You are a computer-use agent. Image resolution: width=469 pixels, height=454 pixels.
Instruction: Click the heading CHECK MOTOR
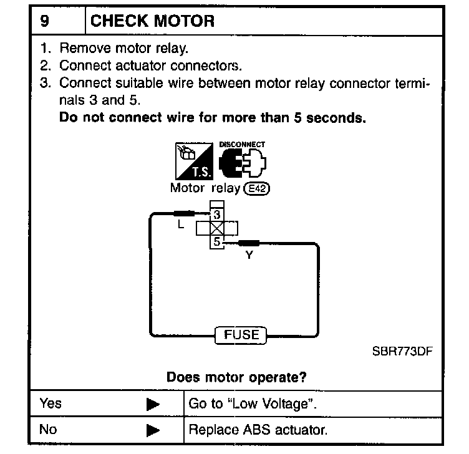tap(153, 21)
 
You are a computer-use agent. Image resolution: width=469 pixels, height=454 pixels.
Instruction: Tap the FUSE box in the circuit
tap(241, 335)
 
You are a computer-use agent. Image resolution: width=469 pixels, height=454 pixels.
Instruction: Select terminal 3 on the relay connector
tap(216, 215)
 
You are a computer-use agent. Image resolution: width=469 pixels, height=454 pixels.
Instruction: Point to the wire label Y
tap(249, 254)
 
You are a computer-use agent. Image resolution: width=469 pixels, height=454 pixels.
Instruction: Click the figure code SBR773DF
tap(402, 351)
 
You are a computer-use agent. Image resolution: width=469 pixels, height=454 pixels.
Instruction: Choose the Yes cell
tap(51, 403)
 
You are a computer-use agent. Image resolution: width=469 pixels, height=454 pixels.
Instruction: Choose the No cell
tap(48, 429)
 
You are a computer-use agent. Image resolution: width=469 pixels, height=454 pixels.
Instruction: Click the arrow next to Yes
tap(153, 404)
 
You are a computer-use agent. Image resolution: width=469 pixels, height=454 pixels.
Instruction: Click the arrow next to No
tap(153, 430)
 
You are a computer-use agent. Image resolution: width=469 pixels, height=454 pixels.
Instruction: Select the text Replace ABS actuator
tap(258, 430)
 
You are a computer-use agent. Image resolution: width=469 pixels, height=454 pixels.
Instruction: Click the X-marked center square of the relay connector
tap(216, 228)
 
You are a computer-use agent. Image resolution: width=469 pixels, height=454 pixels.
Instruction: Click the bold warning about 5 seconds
tap(212, 117)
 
